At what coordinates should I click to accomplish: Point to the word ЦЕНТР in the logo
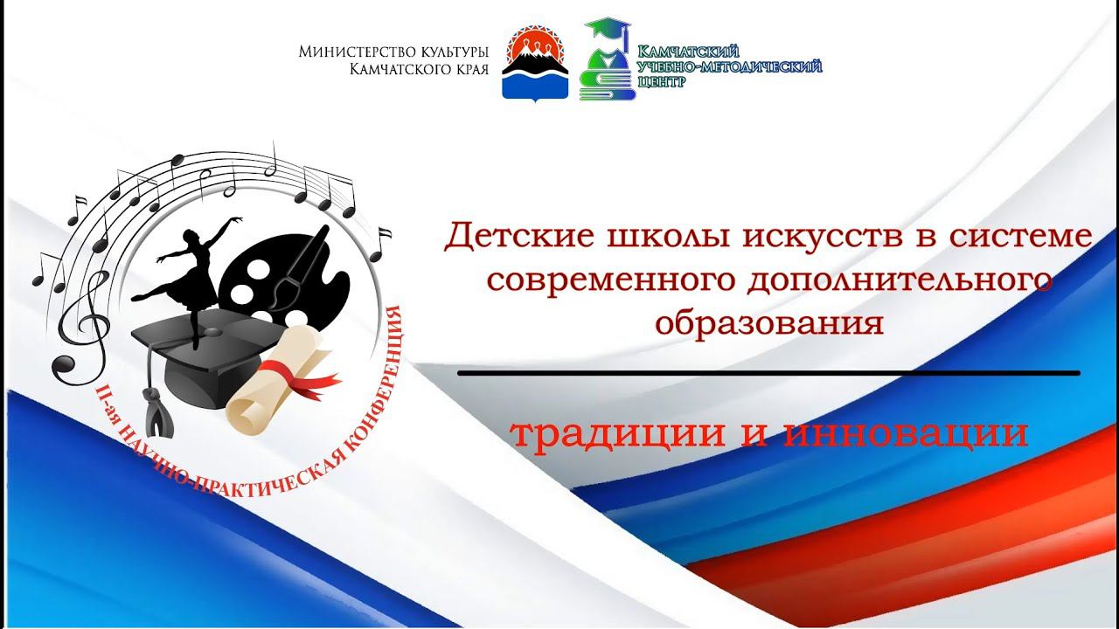(663, 81)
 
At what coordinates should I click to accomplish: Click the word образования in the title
(769, 322)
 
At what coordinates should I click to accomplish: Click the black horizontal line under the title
(768, 373)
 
